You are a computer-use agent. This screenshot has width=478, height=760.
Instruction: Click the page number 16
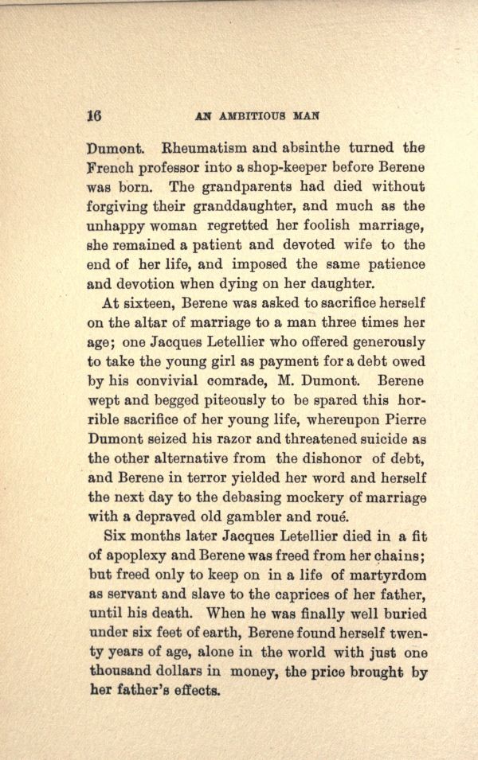click(95, 114)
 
